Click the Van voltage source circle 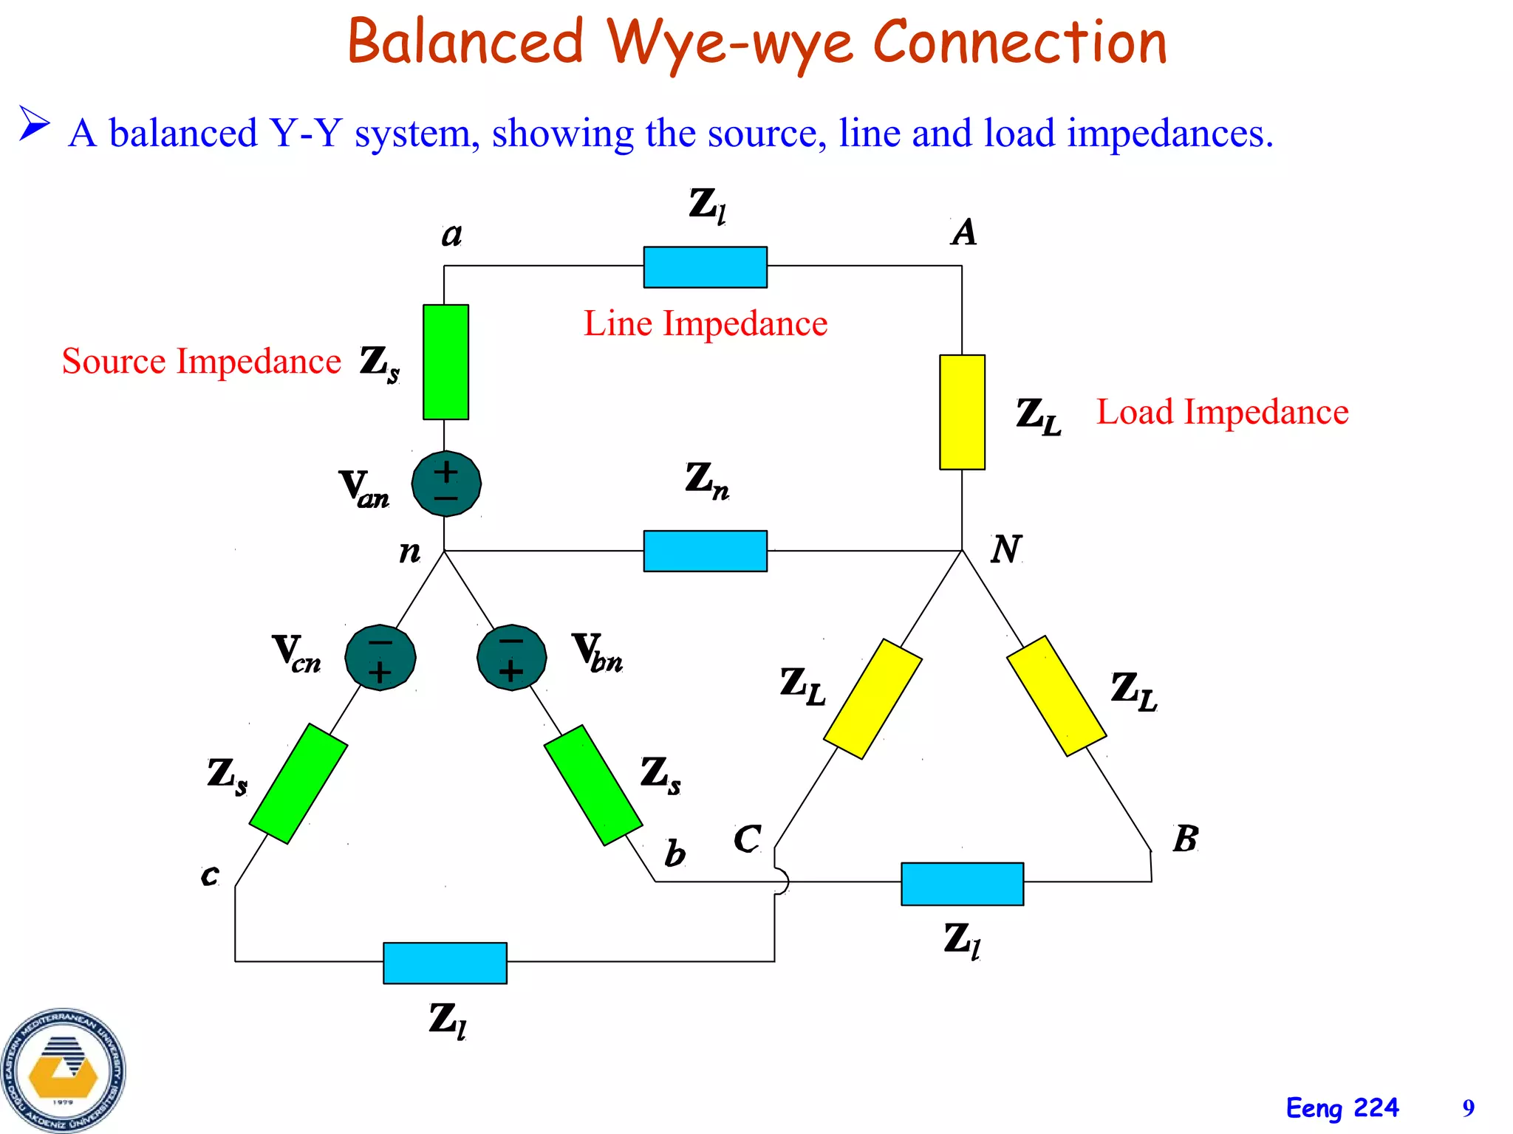(x=446, y=484)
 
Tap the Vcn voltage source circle (x=380, y=657)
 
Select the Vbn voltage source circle (x=511, y=657)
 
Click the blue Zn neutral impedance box (x=705, y=551)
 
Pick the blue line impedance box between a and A (x=705, y=267)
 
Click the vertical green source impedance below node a (x=445, y=362)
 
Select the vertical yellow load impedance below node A (x=962, y=412)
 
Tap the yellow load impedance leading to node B (x=1056, y=696)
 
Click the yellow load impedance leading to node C (x=872, y=698)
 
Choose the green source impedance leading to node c (x=298, y=783)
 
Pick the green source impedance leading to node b (x=593, y=785)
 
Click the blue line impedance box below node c (x=445, y=963)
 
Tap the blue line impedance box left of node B (x=962, y=884)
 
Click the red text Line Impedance (x=705, y=323)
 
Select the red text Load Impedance (x=1222, y=412)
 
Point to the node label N (x=1005, y=550)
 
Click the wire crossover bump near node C (x=782, y=882)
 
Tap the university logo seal (x=64, y=1071)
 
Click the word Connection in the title (x=1020, y=42)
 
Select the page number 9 (x=1468, y=1108)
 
